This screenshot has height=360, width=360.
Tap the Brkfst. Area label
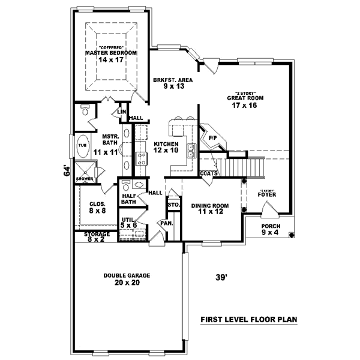click(172, 83)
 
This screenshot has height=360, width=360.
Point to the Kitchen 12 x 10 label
click(167, 147)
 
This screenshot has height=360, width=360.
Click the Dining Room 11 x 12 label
click(211, 209)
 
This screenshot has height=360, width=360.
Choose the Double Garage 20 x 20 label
click(126, 279)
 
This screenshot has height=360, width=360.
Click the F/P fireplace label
click(212, 138)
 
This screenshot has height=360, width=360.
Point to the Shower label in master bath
click(84, 178)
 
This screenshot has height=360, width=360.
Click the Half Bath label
click(127, 198)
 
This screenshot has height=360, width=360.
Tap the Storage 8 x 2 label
click(96, 237)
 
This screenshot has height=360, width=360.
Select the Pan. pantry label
click(166, 223)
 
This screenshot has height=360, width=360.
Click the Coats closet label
click(209, 173)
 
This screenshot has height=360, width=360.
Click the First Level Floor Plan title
click(249, 320)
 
